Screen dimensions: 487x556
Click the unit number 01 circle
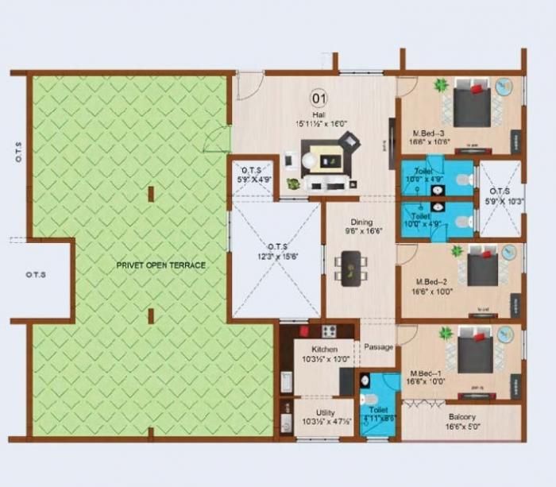tap(319, 99)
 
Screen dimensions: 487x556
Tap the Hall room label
tap(319, 114)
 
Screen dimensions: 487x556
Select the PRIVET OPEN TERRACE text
tap(160, 265)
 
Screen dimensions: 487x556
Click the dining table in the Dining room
tap(349, 266)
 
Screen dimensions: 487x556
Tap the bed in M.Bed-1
tap(475, 350)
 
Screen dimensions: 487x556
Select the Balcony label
tap(461, 417)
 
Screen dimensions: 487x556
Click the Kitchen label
tap(324, 349)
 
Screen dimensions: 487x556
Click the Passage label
tap(377, 347)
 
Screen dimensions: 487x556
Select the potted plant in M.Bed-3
tap(441, 84)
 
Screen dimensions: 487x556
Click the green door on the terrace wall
tap(217, 140)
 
